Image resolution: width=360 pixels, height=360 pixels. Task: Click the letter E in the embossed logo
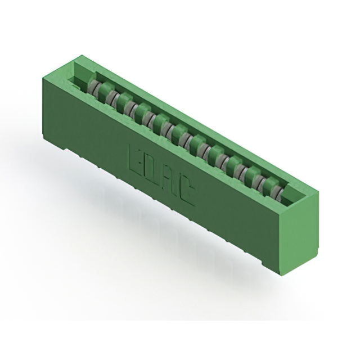[x=136, y=159]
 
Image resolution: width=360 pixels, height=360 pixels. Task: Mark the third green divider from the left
[x=125, y=102]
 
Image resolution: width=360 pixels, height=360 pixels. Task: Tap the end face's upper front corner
[x=280, y=210]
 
